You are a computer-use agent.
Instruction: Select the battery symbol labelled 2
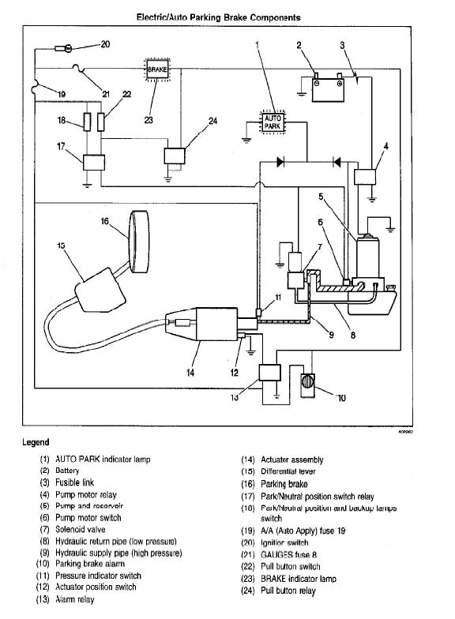coord(326,90)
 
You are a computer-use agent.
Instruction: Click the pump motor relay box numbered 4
coord(365,178)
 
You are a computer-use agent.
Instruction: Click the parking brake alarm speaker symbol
coord(306,385)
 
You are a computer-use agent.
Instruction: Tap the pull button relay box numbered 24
coord(174,156)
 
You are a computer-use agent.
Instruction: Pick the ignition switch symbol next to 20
coord(66,49)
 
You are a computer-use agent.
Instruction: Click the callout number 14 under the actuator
coord(190,373)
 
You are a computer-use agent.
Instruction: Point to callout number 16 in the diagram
coord(104,222)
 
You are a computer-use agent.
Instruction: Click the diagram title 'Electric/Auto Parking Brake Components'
coord(219,17)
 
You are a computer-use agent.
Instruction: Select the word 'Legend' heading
coord(36,443)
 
